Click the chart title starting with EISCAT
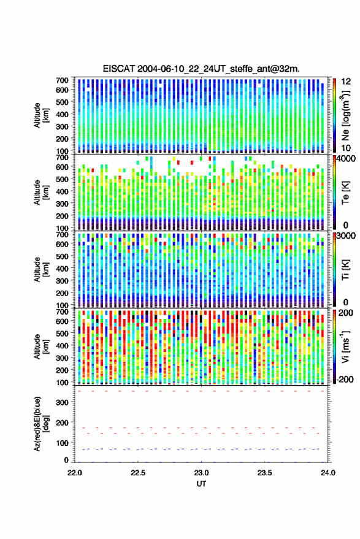[x=201, y=69]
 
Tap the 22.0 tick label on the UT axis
[x=75, y=473]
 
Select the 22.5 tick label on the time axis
[x=138, y=473]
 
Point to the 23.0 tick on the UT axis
[x=201, y=473]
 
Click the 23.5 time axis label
[x=264, y=473]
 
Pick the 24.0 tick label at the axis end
[x=328, y=473]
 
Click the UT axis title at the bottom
[x=201, y=484]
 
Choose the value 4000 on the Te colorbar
[x=347, y=159]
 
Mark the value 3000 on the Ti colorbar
[x=347, y=236]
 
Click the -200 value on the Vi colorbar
[x=345, y=379]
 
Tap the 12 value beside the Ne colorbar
[x=346, y=82]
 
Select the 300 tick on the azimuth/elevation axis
[x=62, y=402]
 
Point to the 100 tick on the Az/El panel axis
[x=62, y=443]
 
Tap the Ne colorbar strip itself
[x=334, y=115]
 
